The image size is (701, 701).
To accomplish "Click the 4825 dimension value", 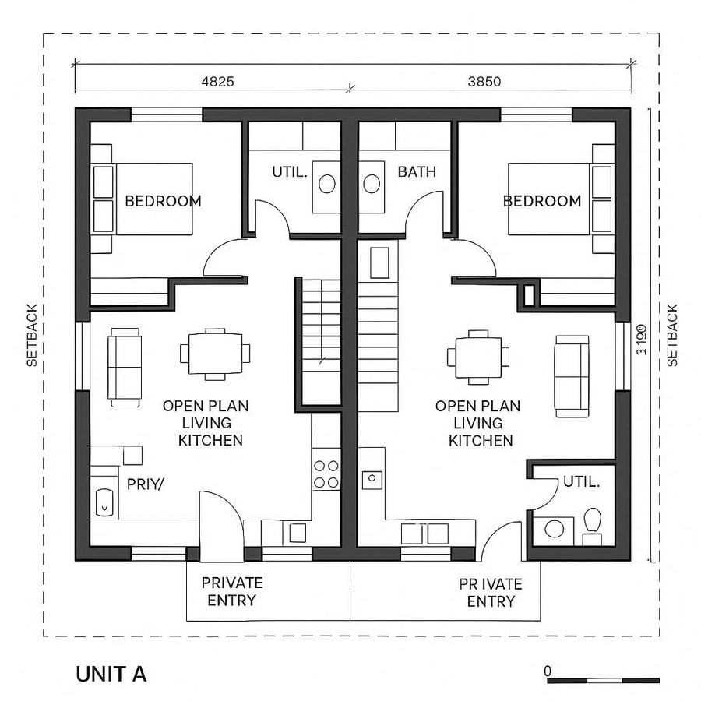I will point(217,80).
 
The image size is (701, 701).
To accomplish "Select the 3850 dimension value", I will point(484,80).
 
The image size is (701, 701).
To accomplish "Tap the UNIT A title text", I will point(111,673).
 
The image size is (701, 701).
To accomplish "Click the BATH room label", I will point(417,171).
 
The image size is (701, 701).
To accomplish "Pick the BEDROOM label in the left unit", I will point(163,201).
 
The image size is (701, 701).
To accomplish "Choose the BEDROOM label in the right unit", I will point(542,201).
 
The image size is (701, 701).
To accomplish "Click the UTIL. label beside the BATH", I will point(290,171).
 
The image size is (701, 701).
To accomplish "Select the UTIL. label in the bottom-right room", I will point(581,482).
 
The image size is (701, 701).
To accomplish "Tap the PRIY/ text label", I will point(146,484).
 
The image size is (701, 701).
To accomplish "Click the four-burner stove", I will point(326,474).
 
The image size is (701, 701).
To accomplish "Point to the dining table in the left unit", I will point(215,354).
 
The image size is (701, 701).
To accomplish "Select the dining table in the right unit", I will point(478,357).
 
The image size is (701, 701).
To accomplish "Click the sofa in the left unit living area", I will point(125,366).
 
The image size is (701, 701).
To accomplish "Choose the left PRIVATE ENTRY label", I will point(231,591).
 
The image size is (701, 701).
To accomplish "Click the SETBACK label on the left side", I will point(32,335).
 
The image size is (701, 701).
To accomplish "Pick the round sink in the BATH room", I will point(372,184).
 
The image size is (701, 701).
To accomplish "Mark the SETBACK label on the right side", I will point(672,335).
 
